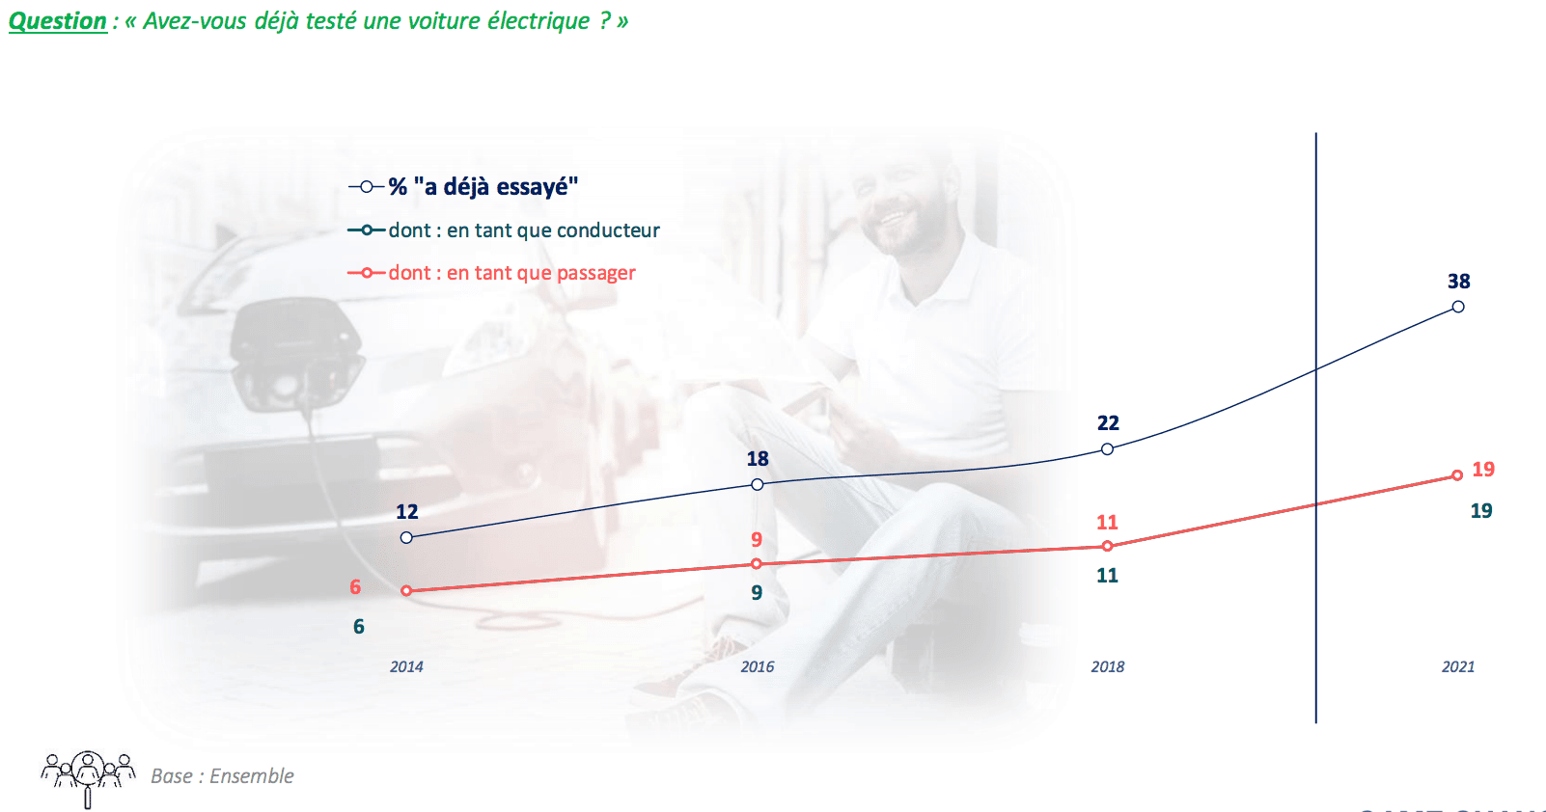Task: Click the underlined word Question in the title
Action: coord(58,21)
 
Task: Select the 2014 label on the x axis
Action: coord(406,666)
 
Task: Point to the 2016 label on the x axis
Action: coord(758,666)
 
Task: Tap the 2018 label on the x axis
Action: coord(1108,666)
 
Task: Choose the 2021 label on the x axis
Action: coord(1458,666)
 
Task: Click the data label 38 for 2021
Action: coord(1459,282)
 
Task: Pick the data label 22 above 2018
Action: coord(1109,423)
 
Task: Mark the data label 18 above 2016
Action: coord(758,459)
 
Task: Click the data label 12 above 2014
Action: coord(407,512)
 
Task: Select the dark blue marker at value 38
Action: coord(1458,307)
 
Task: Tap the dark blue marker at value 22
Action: coord(1108,449)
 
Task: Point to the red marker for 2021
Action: coord(1457,475)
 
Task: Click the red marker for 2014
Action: coord(406,590)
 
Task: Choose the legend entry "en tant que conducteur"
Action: coord(505,230)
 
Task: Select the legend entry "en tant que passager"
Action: coord(492,273)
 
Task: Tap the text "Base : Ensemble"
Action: coord(222,776)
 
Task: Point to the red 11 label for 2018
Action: coord(1107,523)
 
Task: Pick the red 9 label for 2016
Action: coord(758,539)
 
